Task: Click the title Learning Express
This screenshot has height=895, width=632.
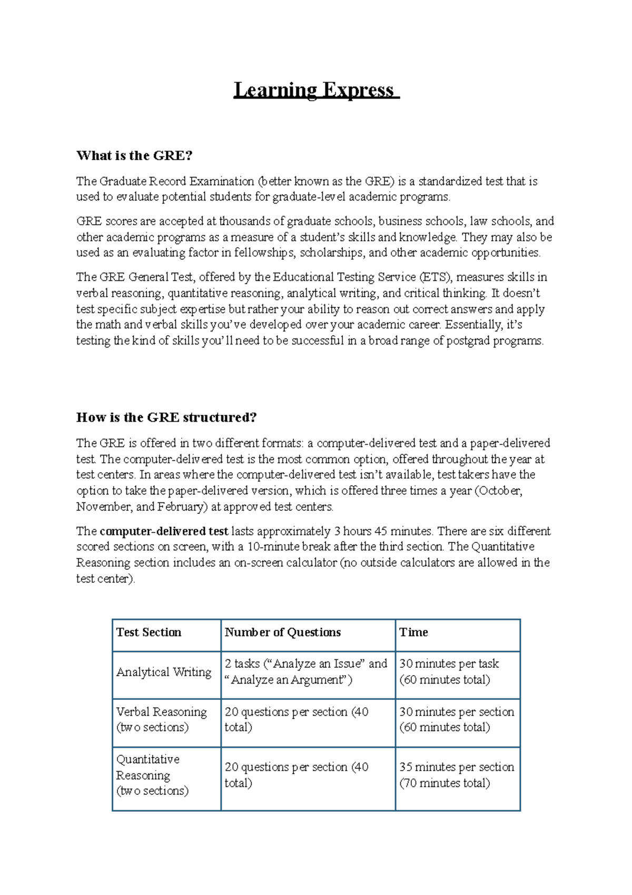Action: (x=316, y=90)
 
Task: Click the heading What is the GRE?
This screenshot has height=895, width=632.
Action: (x=134, y=155)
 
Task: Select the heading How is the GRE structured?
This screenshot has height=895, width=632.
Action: (x=166, y=417)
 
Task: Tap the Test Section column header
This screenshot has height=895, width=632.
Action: (x=149, y=633)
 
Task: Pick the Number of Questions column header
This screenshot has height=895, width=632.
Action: (x=283, y=633)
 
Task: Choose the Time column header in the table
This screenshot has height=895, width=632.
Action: (x=413, y=633)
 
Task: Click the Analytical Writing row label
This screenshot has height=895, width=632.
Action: (x=164, y=672)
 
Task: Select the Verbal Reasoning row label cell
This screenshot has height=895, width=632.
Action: (x=161, y=719)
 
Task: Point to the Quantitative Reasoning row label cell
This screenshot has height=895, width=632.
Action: (x=153, y=775)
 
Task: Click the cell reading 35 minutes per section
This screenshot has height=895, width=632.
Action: (x=456, y=775)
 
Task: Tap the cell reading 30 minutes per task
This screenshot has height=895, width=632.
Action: (x=449, y=672)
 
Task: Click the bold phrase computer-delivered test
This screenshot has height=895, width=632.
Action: (x=164, y=531)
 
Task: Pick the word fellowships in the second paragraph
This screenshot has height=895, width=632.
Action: (x=264, y=253)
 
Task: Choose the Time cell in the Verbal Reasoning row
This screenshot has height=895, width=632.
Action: (x=456, y=719)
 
